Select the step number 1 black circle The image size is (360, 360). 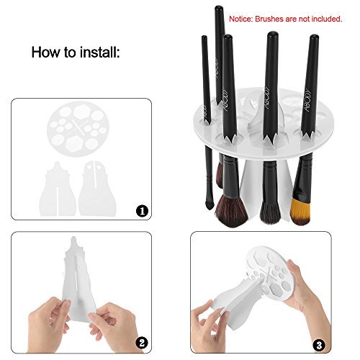coord(143,212)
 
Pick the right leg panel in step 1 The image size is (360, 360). coord(104,184)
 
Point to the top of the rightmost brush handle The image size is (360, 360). coord(315,37)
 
